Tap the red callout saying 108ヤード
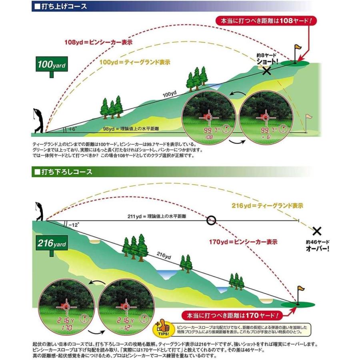coord(266,21)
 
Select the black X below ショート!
coord(266,71)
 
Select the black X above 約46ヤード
coord(317,231)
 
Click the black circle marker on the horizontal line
coord(211,220)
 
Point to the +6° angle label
coord(72,129)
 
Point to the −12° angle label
coord(74,225)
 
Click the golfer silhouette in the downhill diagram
coord(39,211)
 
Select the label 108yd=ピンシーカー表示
coord(98,42)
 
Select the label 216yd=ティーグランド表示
coord(267,206)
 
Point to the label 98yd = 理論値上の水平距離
coord(131,129)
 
